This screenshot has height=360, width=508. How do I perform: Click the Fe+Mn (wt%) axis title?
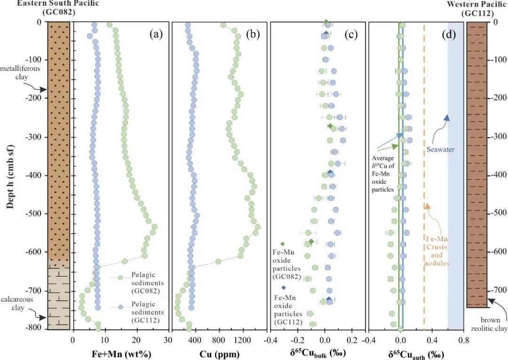[x=120, y=353]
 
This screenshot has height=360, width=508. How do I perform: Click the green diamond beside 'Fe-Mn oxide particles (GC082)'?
[x=283, y=244]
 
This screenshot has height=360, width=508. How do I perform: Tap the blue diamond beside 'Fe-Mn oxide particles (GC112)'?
[x=283, y=288]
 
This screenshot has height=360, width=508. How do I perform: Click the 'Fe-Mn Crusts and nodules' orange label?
[x=437, y=251]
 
